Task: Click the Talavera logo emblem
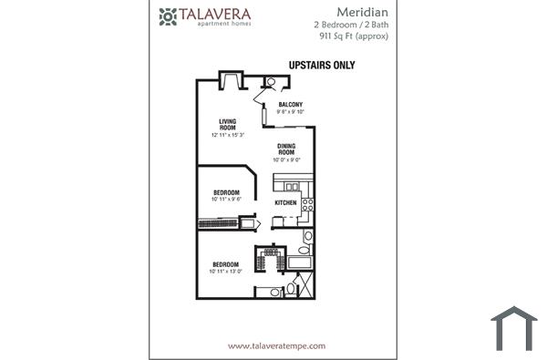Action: (x=167, y=15)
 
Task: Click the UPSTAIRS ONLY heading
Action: (x=321, y=66)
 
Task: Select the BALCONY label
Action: (x=291, y=105)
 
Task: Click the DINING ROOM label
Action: (x=285, y=149)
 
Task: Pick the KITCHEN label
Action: (x=285, y=201)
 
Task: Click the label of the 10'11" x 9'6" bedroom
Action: (x=226, y=192)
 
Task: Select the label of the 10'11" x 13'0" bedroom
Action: (x=225, y=265)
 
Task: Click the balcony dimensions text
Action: (x=291, y=112)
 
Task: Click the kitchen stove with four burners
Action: (x=308, y=196)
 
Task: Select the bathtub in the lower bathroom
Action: (x=300, y=264)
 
